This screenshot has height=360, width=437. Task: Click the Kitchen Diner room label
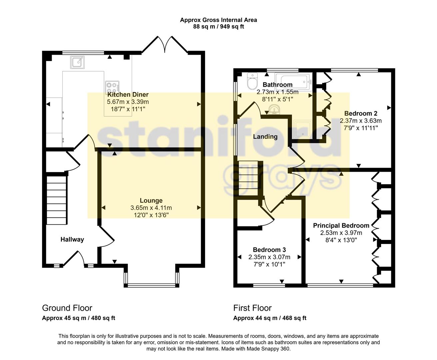pos(128,95)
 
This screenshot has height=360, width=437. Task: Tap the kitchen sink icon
pos(77,62)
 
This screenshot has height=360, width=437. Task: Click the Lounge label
pos(151,200)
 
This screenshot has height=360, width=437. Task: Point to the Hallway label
pos(72,239)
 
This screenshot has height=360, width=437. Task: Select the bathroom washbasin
pos(275,109)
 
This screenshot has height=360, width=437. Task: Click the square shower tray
pos(303,129)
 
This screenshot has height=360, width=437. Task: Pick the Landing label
pos(265,137)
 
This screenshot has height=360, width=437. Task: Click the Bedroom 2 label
pos(361,113)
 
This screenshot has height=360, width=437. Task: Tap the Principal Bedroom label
pos(341,226)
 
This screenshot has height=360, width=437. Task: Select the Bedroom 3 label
pos(269,250)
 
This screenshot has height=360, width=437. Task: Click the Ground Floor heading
pos(67,308)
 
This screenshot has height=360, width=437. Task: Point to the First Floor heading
pos(252,308)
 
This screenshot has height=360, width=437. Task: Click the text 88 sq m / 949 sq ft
pos(218,27)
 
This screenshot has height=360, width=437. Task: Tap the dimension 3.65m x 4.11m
pos(151,208)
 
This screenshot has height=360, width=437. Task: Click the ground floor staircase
pos(56,200)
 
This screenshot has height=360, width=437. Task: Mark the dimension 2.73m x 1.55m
pos(277,92)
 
